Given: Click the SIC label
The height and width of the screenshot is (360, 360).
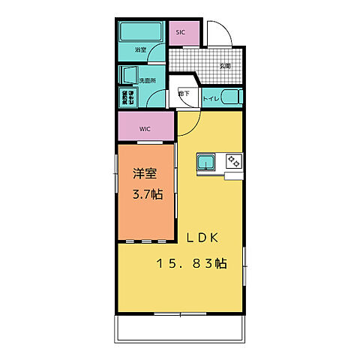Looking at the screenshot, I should pyautogui.click(x=180, y=33).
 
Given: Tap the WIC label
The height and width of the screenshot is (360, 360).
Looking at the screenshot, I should pyautogui.click(x=145, y=128).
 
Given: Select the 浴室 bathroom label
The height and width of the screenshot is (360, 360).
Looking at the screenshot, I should pyautogui.click(x=140, y=50).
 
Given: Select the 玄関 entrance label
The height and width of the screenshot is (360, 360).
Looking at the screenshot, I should pyautogui.click(x=224, y=66).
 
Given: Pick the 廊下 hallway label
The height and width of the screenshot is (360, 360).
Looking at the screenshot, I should pyautogui.click(x=184, y=93).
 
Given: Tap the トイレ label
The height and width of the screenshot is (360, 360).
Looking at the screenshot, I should pyautogui.click(x=211, y=97).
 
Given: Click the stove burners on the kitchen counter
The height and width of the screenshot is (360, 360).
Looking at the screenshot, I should pyautogui.click(x=234, y=160).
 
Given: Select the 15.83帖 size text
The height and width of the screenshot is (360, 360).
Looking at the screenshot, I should pyautogui.click(x=192, y=263).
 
